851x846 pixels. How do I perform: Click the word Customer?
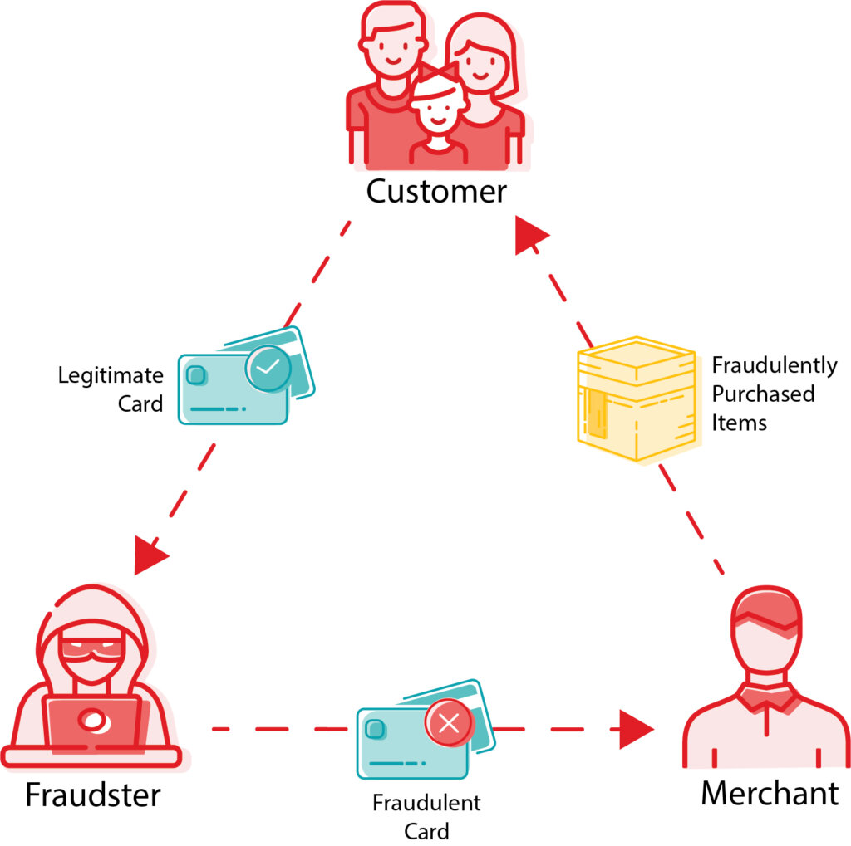tap(436, 192)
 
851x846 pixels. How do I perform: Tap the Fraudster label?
tap(93, 795)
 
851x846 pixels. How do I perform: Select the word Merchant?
tap(770, 794)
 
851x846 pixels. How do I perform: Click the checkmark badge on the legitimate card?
tap(268, 369)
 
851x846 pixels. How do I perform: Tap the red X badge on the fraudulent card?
tap(449, 723)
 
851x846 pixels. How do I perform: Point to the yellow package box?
tap(637, 399)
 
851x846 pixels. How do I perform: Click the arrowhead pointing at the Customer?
tap(529, 235)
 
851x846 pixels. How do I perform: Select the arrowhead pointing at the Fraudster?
tap(149, 555)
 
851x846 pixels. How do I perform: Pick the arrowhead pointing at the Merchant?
tap(636, 730)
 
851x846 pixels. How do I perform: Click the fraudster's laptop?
tap(93, 723)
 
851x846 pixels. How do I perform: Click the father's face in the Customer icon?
tap(392, 47)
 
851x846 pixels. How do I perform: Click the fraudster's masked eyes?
tap(92, 647)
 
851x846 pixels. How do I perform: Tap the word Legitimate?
tap(111, 375)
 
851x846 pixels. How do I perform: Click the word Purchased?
tap(763, 394)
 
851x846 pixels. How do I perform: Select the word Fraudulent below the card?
tap(426, 803)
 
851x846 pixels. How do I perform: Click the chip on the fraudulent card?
tap(375, 729)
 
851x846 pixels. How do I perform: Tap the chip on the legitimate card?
tap(196, 374)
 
